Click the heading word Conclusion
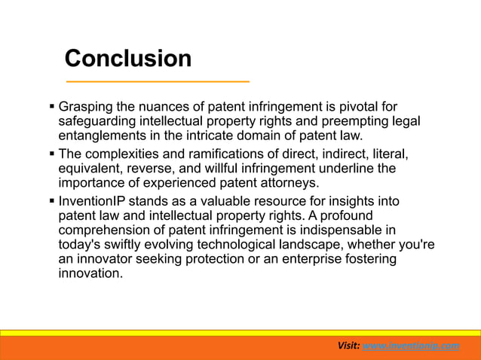pyautogui.click(x=127, y=58)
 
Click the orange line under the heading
pyautogui.click(x=157, y=81)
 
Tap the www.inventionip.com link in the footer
pyautogui.click(x=410, y=345)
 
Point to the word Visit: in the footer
pyautogui.click(x=348, y=345)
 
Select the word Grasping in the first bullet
pyautogui.click(x=85, y=108)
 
